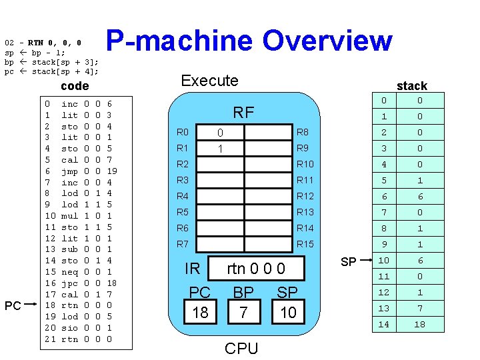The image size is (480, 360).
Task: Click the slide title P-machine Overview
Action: (x=249, y=41)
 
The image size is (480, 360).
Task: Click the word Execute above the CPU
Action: (x=209, y=81)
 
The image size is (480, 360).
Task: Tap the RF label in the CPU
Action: (x=243, y=112)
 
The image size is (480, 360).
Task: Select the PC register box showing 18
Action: (x=200, y=312)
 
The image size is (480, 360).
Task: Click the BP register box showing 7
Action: (x=244, y=312)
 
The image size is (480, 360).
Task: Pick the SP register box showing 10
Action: (x=287, y=312)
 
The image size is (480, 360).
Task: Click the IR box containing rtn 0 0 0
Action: (x=256, y=268)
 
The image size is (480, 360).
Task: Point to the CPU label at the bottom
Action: (x=241, y=348)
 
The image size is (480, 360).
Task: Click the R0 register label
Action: (x=182, y=132)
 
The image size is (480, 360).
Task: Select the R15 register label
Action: (x=305, y=244)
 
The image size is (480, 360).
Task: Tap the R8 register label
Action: (x=302, y=132)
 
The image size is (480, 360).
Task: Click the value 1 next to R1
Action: (x=220, y=148)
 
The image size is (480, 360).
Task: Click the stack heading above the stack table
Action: (x=411, y=85)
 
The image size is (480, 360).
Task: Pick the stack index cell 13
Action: (x=383, y=308)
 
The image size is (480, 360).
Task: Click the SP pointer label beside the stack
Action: (x=348, y=262)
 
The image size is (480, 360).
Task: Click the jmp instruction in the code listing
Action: (x=69, y=171)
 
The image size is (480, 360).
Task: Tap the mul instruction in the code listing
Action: (x=69, y=216)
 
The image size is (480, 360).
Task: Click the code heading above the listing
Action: (x=74, y=86)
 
